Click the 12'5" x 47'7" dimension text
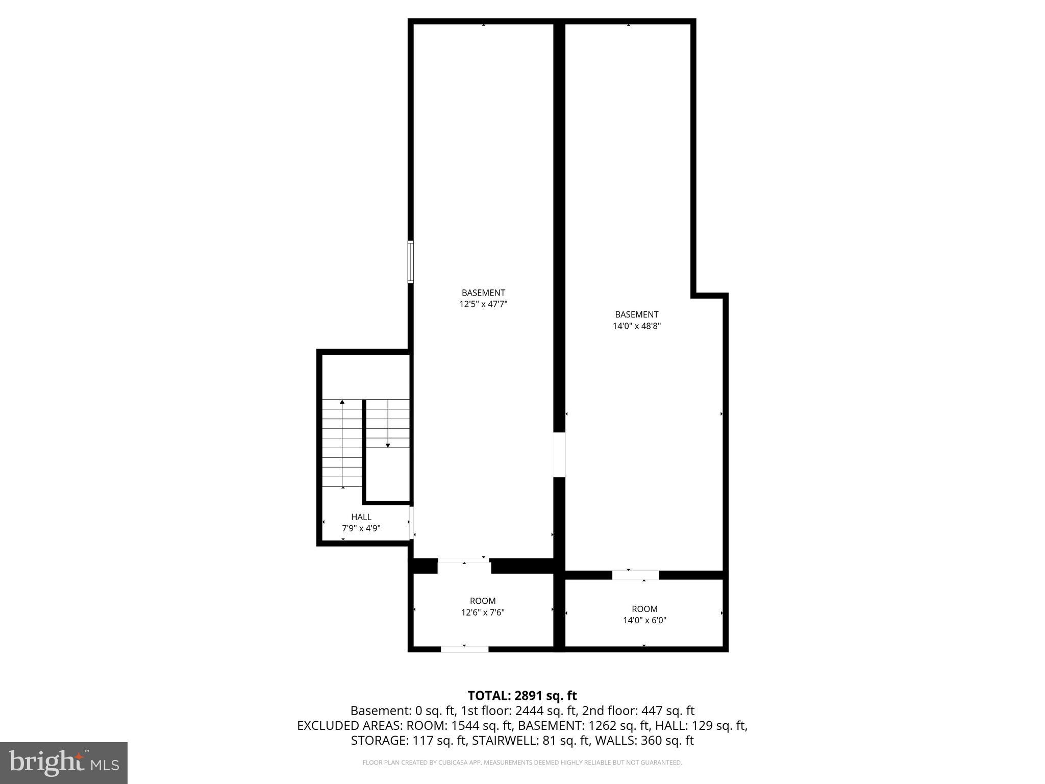pyautogui.click(x=483, y=304)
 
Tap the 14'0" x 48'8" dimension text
pyautogui.click(x=636, y=326)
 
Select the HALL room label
pyautogui.click(x=361, y=517)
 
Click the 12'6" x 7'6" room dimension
pyautogui.click(x=483, y=612)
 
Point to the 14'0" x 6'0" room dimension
pyautogui.click(x=644, y=621)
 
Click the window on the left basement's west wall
pyautogui.click(x=410, y=261)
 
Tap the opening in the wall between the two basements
pyautogui.click(x=560, y=455)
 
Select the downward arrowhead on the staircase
pyautogui.click(x=388, y=446)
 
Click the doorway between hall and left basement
pyautogui.click(x=411, y=523)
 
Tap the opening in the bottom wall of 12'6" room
pyautogui.click(x=464, y=649)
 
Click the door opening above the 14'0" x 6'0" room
pyautogui.click(x=635, y=575)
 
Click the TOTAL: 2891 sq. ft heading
pyautogui.click(x=522, y=695)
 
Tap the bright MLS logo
pyautogui.click(x=63, y=763)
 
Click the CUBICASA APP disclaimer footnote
pyautogui.click(x=522, y=763)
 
